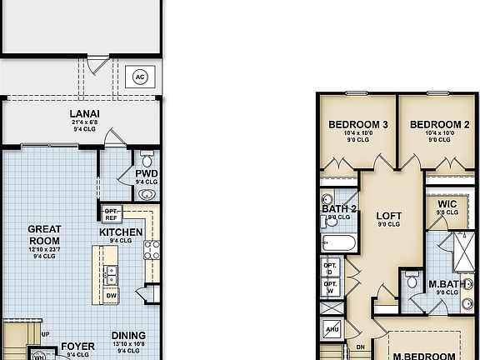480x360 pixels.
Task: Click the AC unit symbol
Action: point(140,77)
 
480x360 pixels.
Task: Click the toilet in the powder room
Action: point(147,158)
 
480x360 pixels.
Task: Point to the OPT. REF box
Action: point(111,213)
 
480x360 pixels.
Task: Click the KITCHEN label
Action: point(121,232)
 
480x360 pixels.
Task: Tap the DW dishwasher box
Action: point(111,295)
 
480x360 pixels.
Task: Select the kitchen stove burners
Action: point(152,247)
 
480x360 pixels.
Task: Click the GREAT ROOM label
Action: point(43,233)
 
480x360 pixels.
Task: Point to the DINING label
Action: point(127,336)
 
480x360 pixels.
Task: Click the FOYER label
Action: point(77,347)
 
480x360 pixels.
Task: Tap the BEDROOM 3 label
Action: point(357,125)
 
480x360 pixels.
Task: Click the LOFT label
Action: point(388,215)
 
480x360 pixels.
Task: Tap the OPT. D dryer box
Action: point(330,270)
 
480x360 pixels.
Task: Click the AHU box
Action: point(330,328)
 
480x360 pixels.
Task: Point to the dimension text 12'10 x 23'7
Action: point(43,248)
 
